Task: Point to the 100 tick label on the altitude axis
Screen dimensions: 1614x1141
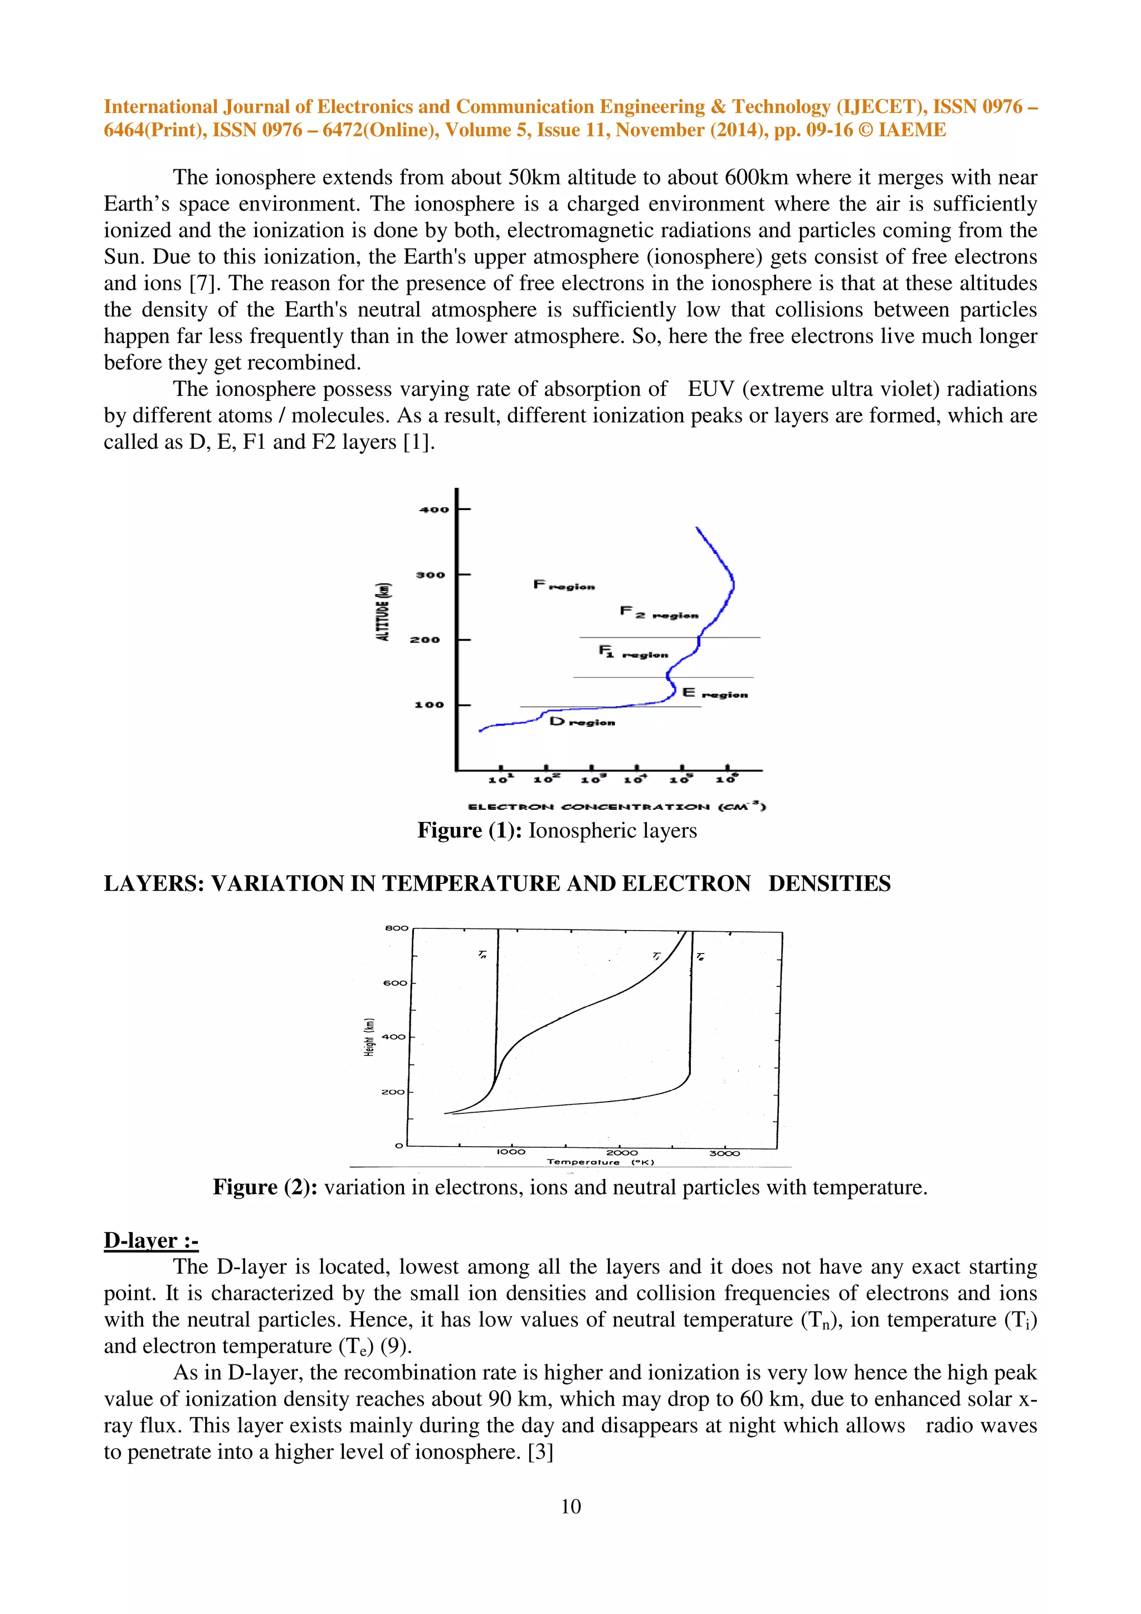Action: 429,705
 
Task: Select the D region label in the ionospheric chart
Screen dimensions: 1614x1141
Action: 582,722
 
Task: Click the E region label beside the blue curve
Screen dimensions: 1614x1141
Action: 714,694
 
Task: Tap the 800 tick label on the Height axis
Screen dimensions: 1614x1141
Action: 397,928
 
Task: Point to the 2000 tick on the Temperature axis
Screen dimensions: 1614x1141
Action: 622,1153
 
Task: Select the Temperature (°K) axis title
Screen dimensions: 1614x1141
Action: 601,1162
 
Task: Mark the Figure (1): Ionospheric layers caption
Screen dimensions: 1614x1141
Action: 557,830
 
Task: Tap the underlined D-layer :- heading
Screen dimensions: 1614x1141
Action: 150,1240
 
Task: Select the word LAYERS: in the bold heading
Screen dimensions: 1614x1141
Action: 154,884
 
